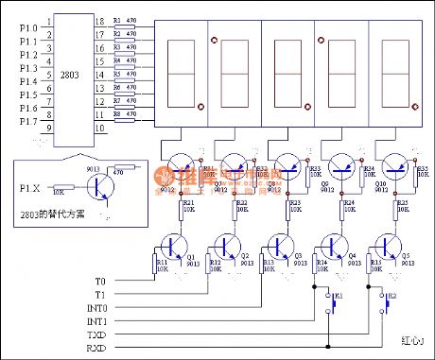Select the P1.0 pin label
coord(28,29)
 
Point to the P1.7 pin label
coord(28,121)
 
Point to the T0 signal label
coord(101,281)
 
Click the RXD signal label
coord(97,347)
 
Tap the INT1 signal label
coord(96,321)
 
